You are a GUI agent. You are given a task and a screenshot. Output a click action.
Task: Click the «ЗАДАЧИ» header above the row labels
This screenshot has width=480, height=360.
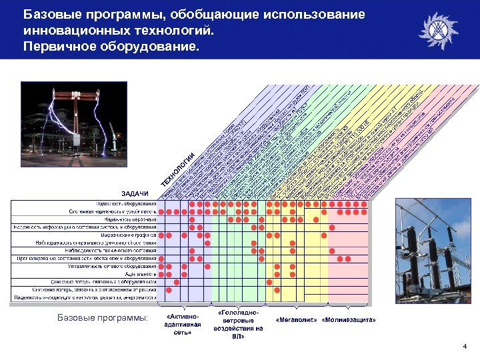[135, 193]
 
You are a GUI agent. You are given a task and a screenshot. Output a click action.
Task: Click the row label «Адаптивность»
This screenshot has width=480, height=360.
[141, 274]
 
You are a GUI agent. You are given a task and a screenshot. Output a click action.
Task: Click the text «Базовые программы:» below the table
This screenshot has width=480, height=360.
[103, 319]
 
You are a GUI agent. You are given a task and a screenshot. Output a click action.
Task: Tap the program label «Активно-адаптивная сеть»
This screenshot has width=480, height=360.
[183, 323]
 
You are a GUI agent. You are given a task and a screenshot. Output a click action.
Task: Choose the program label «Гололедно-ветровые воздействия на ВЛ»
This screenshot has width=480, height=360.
[238, 324]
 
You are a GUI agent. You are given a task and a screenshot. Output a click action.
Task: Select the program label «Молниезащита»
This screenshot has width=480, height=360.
[349, 320]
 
